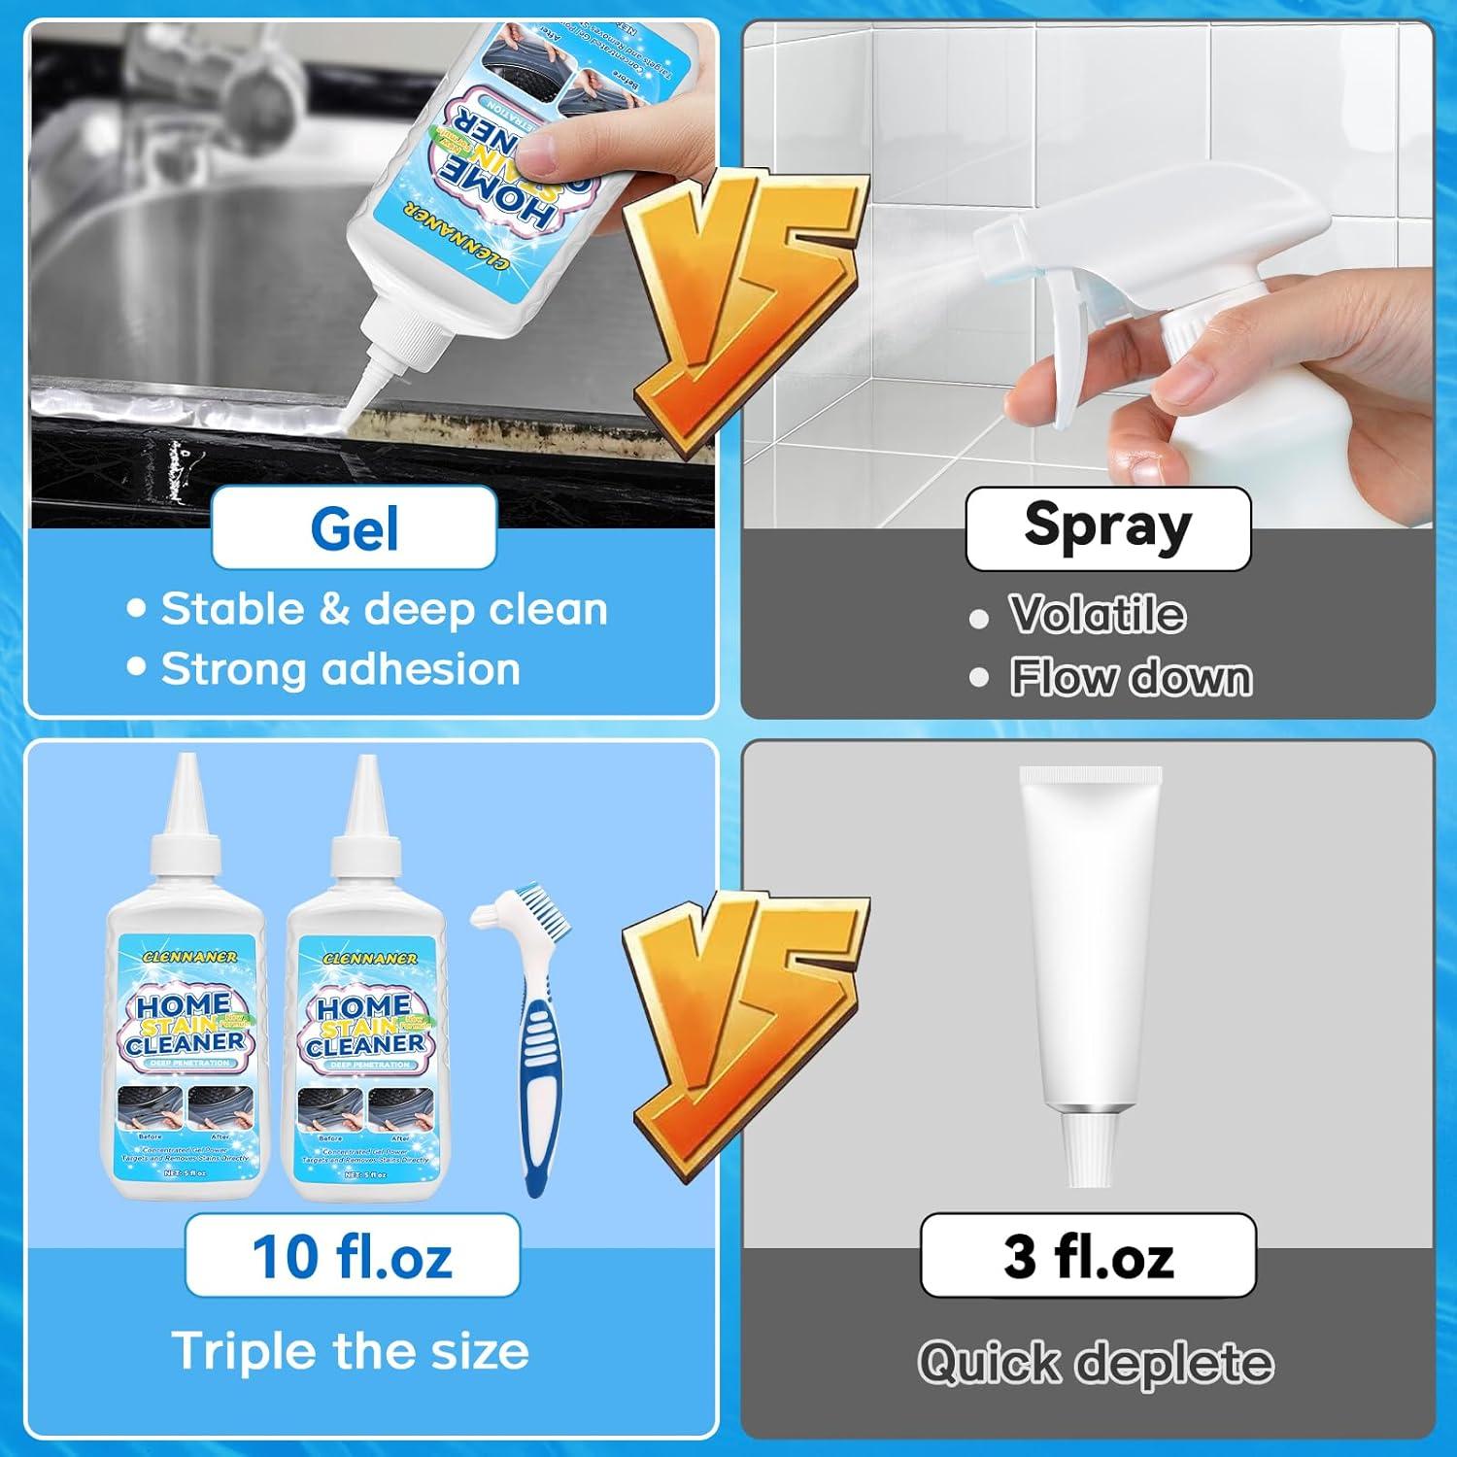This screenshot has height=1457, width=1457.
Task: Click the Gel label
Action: [x=354, y=528]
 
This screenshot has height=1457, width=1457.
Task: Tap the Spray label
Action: [x=1107, y=527]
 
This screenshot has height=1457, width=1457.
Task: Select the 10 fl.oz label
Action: [x=352, y=1256]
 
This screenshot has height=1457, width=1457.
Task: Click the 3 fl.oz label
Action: [x=1088, y=1255]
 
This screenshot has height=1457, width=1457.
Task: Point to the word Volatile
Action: [x=1097, y=615]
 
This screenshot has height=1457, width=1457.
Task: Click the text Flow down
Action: [x=1131, y=677]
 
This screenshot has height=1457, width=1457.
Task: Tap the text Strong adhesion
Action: [x=340, y=669]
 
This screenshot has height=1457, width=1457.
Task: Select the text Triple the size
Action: [x=350, y=1351]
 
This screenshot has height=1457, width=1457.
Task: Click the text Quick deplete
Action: [x=1096, y=1362]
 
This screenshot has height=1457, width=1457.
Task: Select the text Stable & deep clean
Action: [x=384, y=609]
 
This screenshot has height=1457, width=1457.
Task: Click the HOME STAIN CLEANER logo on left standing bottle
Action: [x=185, y=1025]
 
